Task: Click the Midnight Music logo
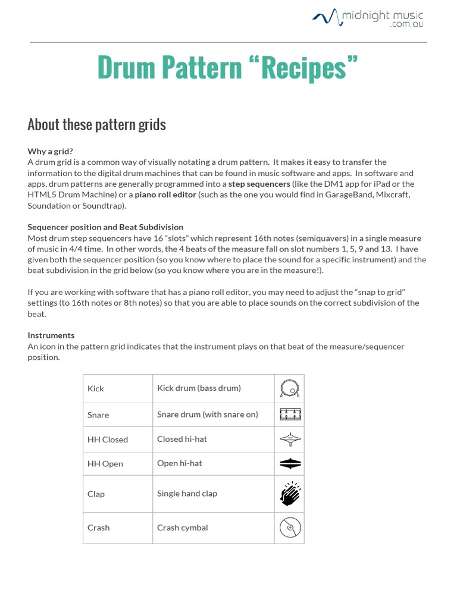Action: (x=368, y=18)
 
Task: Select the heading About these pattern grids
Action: (x=96, y=124)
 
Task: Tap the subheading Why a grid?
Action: (x=51, y=151)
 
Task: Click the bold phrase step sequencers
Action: (x=259, y=184)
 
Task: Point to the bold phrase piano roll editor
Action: (x=165, y=194)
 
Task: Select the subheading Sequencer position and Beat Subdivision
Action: (x=105, y=227)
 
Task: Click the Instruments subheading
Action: (x=51, y=335)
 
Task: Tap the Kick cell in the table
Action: (x=96, y=388)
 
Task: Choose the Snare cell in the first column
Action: (x=98, y=415)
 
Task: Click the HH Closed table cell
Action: (x=108, y=440)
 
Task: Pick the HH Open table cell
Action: (x=105, y=464)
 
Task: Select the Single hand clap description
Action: (x=187, y=494)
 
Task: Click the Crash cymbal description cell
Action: (x=183, y=528)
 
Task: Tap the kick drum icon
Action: (x=289, y=389)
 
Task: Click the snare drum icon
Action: (x=289, y=415)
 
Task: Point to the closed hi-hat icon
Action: (x=289, y=440)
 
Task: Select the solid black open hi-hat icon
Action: (x=289, y=464)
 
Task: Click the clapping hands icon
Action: (x=289, y=494)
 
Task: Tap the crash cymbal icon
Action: (x=289, y=528)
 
